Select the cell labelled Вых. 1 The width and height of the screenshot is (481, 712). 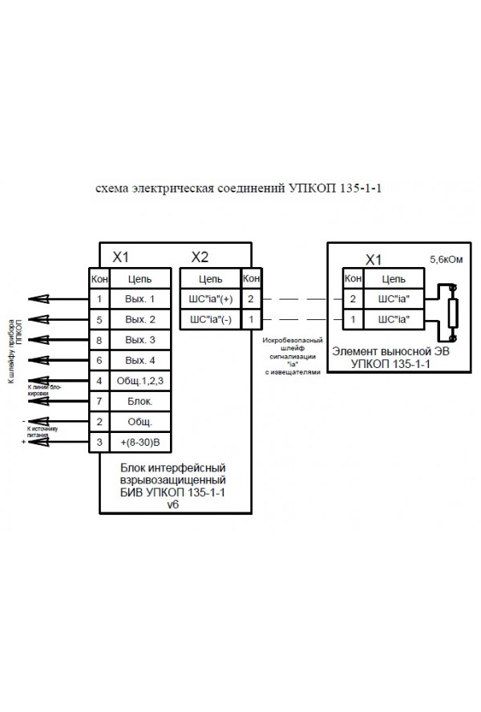(139, 299)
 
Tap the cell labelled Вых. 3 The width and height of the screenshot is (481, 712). (139, 340)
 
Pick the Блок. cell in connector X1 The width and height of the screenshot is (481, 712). (139, 400)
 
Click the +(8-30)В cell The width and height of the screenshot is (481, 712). (139, 442)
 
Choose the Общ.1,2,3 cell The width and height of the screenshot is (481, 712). (139, 380)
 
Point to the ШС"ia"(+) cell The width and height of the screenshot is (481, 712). (210, 299)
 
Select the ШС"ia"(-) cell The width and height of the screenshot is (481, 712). (210, 319)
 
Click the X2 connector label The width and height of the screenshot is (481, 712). (200, 257)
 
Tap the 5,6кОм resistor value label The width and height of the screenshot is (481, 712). (446, 261)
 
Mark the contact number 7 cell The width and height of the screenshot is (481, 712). (98, 400)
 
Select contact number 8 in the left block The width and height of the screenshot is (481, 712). (98, 340)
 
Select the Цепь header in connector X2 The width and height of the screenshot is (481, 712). (210, 278)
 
